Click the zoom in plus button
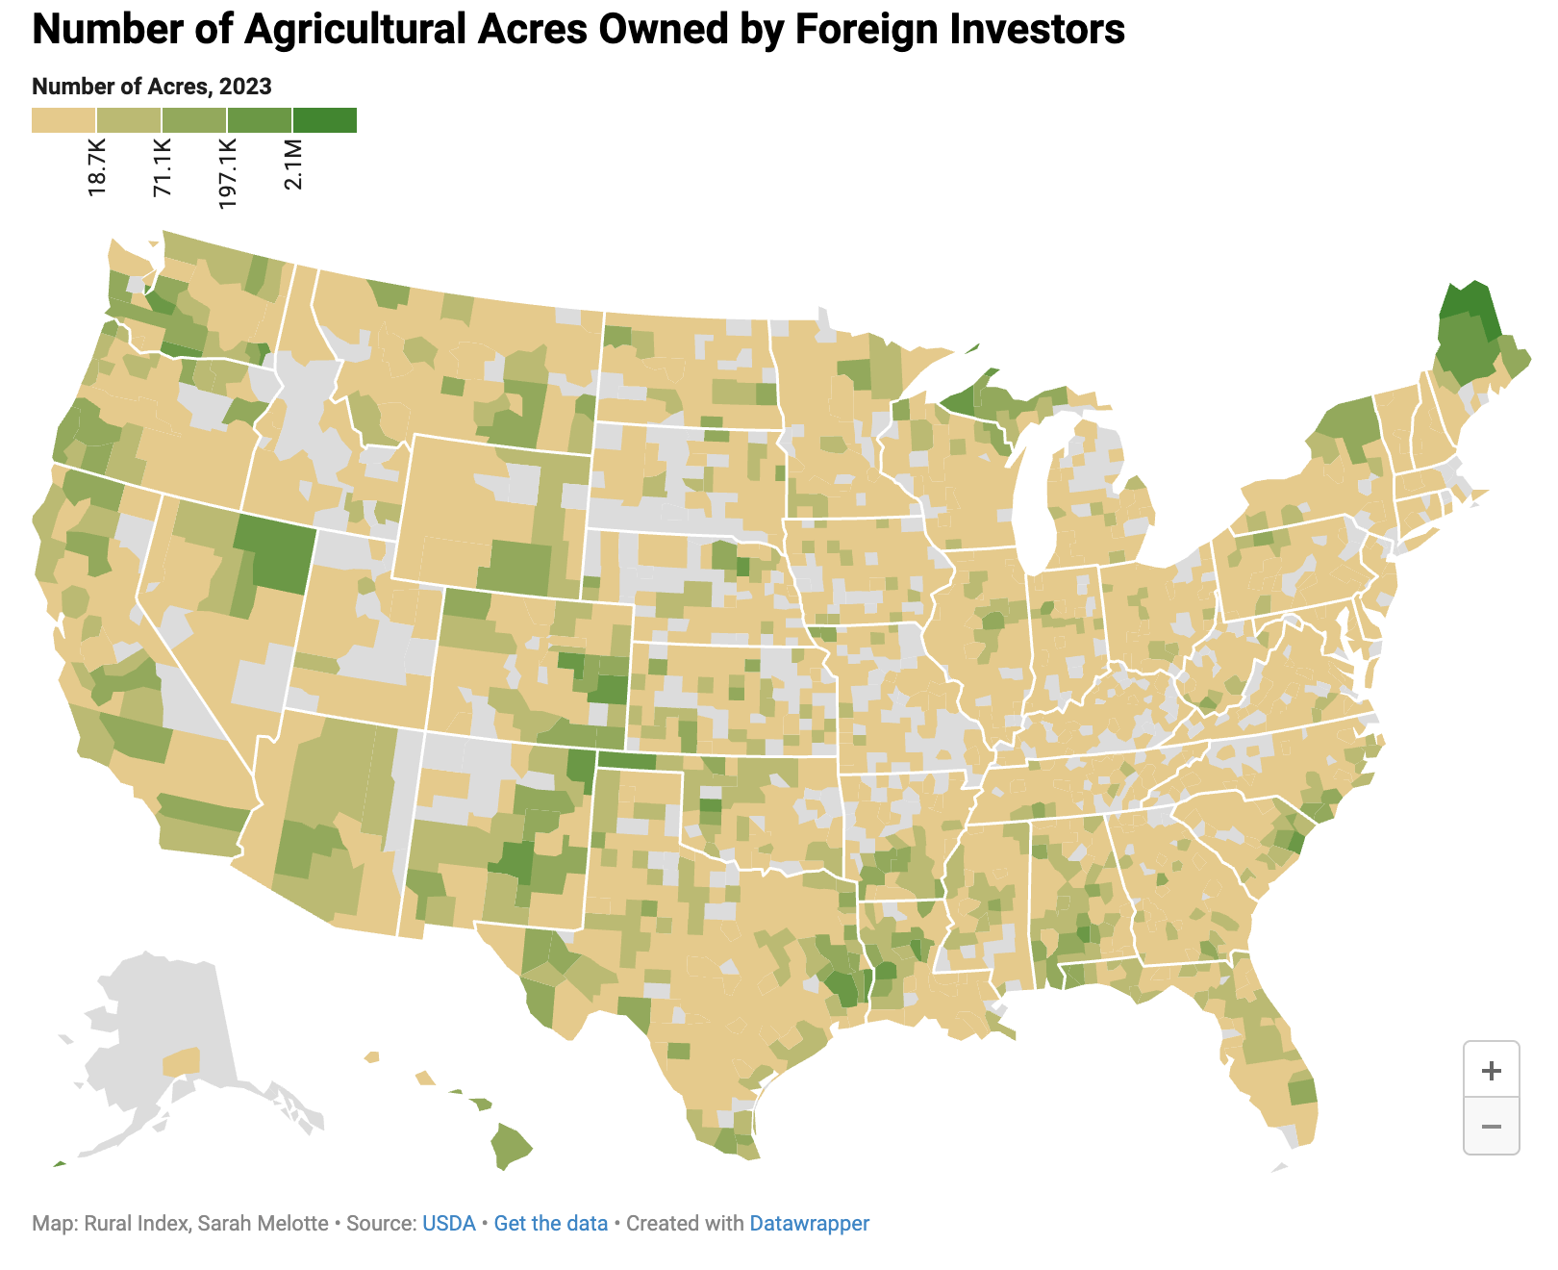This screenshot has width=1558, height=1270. coord(1491,1070)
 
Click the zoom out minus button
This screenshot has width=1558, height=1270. coord(1491,1126)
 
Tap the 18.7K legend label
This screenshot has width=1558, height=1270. coord(97,168)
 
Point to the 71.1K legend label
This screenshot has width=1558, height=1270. coord(163,168)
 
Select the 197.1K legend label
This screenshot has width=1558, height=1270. coord(228,173)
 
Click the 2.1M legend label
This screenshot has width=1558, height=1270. coord(293,165)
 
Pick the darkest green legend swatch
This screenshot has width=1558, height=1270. coord(324,120)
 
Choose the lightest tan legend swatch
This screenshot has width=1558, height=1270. coord(63,120)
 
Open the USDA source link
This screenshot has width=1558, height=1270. coord(449,1224)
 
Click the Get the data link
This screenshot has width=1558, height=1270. coord(550,1224)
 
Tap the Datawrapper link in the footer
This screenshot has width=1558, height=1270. coord(809,1224)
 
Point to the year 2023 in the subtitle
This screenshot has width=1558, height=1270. coord(245,87)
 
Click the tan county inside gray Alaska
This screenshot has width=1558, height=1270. coord(182,1062)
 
